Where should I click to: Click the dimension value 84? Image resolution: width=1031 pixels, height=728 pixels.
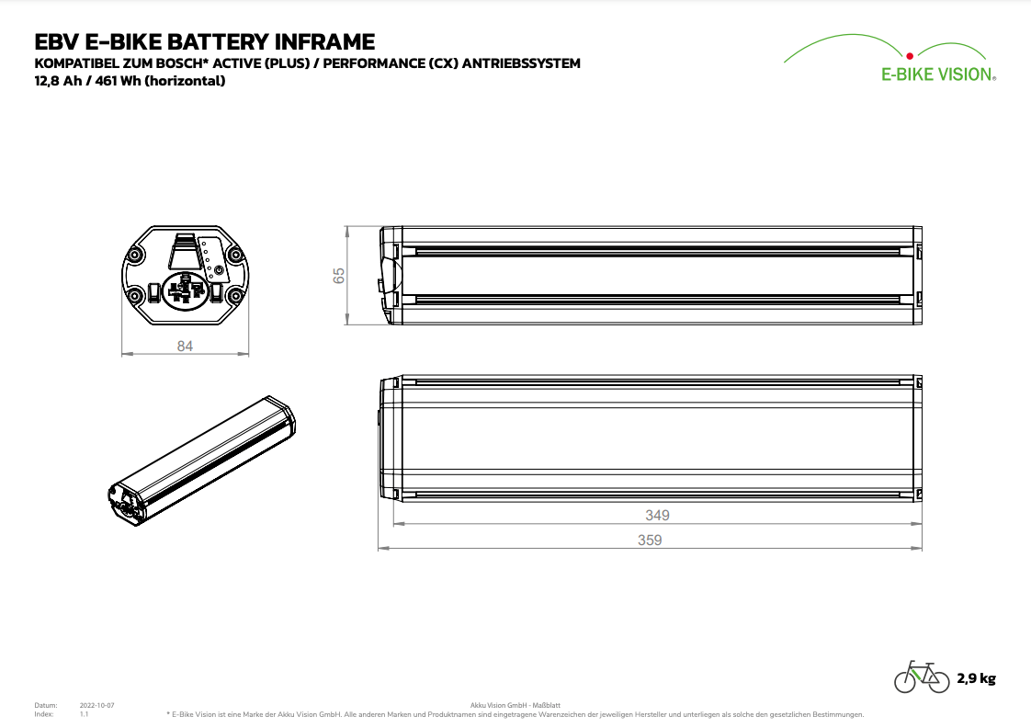(186, 346)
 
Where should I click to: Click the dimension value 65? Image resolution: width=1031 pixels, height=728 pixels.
(339, 275)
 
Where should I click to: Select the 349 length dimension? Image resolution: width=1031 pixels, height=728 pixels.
(657, 516)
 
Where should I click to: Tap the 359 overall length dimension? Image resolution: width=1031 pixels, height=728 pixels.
(650, 540)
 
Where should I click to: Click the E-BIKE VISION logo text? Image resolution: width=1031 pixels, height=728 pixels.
(937, 75)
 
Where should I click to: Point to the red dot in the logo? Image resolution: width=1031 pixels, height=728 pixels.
(909, 54)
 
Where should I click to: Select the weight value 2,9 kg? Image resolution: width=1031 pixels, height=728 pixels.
(976, 679)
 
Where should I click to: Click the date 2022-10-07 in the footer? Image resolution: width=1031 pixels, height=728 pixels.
(97, 705)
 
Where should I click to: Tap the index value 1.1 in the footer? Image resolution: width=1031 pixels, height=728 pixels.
(84, 714)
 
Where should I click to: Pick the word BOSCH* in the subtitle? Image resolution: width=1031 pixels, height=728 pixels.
(207, 63)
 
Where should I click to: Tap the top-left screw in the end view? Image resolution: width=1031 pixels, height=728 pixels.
(136, 253)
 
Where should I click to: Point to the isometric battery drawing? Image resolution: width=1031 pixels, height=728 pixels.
(202, 460)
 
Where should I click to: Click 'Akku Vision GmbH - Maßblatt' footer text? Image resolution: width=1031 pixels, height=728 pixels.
(515, 705)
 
